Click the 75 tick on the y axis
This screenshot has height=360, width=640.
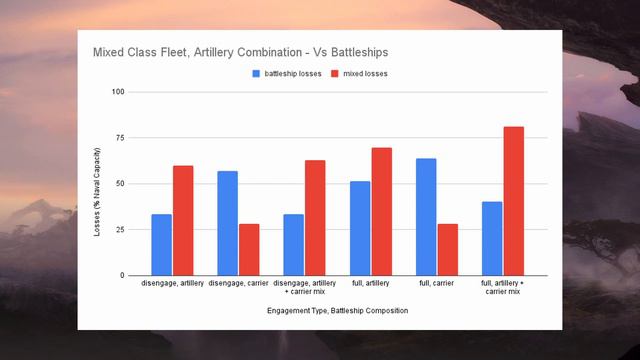(120, 138)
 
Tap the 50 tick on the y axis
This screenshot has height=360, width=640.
(120, 184)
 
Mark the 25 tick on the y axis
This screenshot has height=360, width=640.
(120, 230)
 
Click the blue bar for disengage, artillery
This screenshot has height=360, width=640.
(162, 245)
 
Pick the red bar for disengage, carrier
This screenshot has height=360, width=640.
(249, 250)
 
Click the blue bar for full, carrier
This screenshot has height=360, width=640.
(425, 217)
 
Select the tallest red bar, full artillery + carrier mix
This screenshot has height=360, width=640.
(513, 201)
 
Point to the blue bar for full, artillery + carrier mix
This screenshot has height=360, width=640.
(492, 239)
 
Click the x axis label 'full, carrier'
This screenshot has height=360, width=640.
(436, 285)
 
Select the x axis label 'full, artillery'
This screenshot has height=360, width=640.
(370, 285)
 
